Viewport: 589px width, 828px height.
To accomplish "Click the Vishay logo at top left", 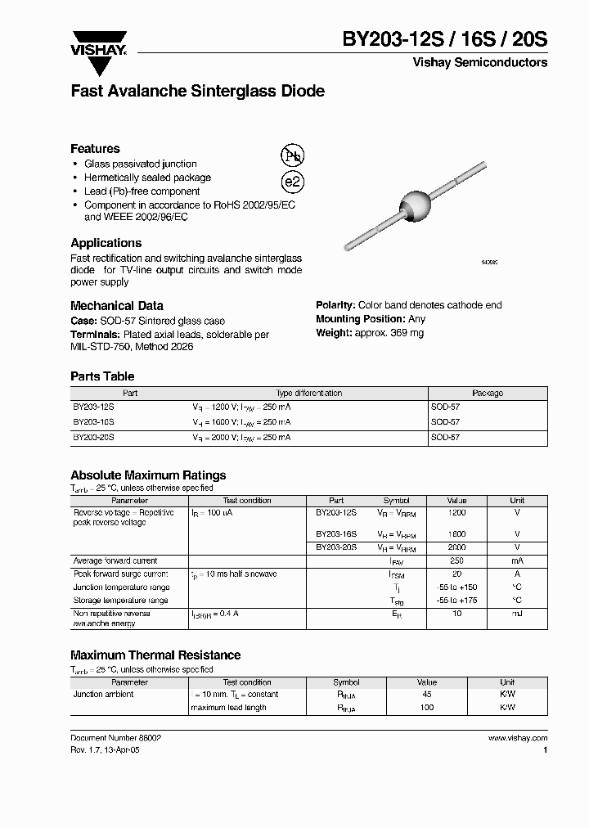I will (x=98, y=43).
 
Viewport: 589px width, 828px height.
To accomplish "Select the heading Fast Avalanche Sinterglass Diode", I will (x=197, y=92).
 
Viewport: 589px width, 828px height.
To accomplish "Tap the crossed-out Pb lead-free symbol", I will (x=292, y=157).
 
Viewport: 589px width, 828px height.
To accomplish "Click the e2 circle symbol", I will (x=292, y=182).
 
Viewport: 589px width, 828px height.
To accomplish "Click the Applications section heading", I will (x=106, y=243).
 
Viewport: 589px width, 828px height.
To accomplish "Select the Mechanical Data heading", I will (x=116, y=305).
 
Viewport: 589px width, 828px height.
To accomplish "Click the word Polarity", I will (x=335, y=305).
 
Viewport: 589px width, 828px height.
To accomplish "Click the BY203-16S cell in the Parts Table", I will (x=94, y=422).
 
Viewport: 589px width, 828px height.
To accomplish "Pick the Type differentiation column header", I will (x=306, y=394).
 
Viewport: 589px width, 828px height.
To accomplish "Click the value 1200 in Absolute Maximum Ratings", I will (x=456, y=512).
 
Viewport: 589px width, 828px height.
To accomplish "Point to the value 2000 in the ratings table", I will (x=456, y=547).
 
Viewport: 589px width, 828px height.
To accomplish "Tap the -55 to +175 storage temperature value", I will (x=456, y=601).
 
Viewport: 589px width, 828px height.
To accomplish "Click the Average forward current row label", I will (x=115, y=561).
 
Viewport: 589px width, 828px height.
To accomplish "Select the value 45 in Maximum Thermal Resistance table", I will (x=426, y=694).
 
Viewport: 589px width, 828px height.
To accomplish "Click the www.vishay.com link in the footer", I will (x=517, y=737).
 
